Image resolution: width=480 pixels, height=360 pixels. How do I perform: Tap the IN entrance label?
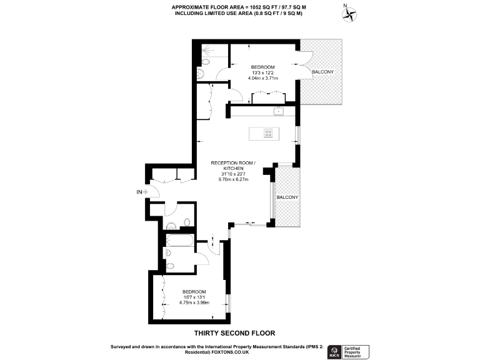tap(140, 192)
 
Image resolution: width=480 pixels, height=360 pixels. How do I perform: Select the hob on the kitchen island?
tap(268, 132)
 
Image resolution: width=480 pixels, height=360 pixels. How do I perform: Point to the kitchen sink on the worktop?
tap(279, 111)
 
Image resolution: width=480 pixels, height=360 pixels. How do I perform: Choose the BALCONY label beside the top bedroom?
tap(322, 72)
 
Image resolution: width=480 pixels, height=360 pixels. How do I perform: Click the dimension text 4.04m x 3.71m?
tap(262, 78)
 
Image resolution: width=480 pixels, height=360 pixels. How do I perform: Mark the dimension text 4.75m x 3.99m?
tap(193, 302)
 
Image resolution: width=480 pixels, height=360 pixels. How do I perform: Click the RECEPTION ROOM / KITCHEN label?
tap(233, 166)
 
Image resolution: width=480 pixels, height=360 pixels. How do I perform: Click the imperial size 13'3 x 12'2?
tap(262, 72)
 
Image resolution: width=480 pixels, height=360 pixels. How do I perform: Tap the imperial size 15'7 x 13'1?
tap(193, 297)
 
